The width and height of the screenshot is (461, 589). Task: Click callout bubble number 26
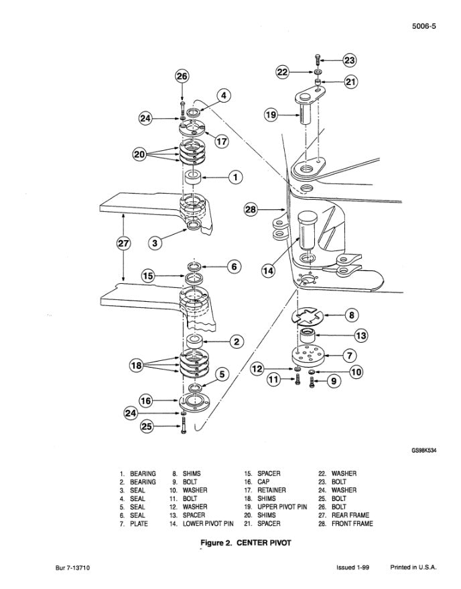point(182,76)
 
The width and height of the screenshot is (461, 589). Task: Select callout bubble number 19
point(271,115)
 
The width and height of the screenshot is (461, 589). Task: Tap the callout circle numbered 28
point(250,210)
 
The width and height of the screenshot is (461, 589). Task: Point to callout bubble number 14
point(268,271)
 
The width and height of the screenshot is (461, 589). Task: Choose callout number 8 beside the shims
point(350,314)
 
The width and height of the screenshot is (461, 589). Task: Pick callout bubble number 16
point(145,400)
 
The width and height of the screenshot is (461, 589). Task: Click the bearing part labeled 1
point(194,178)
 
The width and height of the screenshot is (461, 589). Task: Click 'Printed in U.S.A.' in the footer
point(413,568)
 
